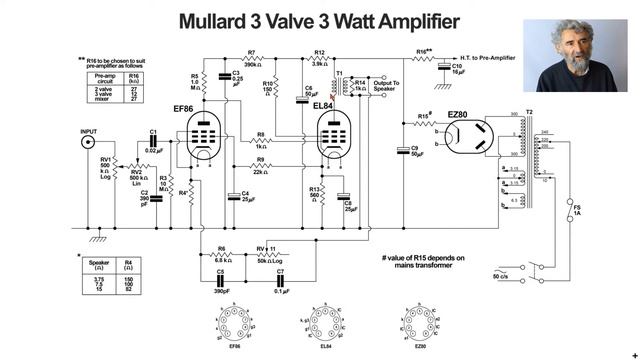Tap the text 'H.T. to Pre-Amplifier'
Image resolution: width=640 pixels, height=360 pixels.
(500, 56)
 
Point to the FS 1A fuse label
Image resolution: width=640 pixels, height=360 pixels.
(577, 211)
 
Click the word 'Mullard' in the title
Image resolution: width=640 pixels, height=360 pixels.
(222, 21)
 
